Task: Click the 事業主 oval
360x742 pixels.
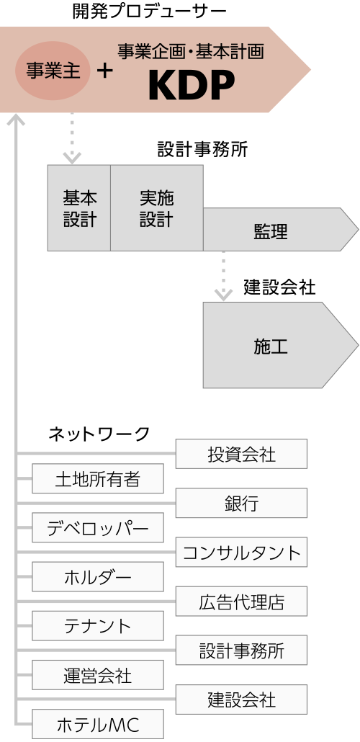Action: [53, 71]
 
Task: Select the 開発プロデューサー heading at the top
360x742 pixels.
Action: [150, 12]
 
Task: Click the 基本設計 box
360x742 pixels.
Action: [79, 207]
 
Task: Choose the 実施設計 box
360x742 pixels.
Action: [157, 207]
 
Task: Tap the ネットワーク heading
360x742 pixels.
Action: [99, 434]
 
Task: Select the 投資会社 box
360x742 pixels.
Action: [241, 454]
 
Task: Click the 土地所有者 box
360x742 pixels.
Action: [98, 478]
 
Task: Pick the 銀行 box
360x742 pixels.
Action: [241, 503]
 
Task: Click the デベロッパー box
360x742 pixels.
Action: [98, 527]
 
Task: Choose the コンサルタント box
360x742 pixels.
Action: [241, 553]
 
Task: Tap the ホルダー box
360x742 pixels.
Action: [98, 577]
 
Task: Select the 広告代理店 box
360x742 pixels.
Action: [241, 602]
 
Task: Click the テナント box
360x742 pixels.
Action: [98, 626]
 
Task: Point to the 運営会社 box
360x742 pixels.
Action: [98, 675]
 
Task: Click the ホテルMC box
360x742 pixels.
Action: [98, 724]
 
